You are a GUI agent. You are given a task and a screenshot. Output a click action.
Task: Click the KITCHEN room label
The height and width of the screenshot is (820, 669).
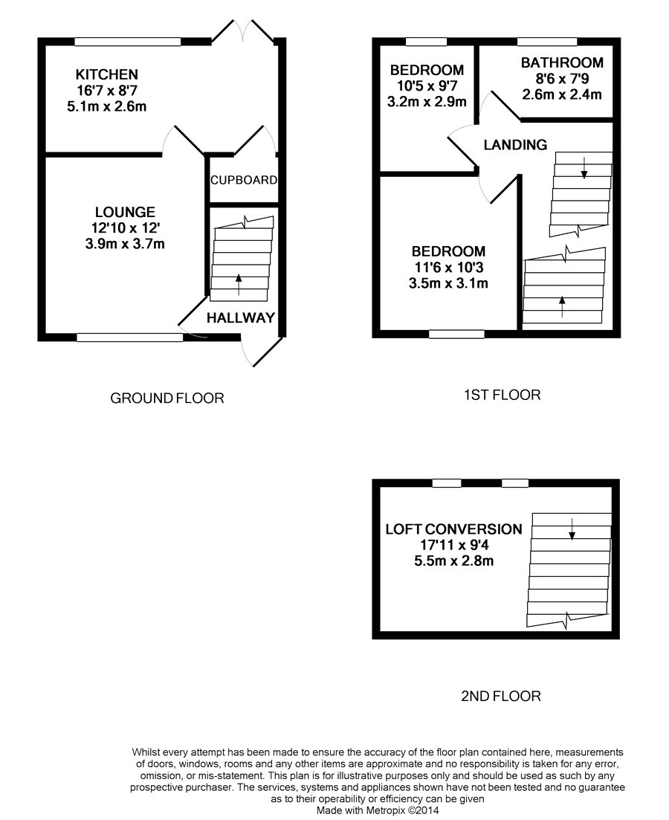[107, 74]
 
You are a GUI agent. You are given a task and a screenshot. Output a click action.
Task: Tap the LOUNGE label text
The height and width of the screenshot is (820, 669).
[125, 213]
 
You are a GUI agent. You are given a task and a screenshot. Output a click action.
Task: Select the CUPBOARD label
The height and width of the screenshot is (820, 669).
[244, 180]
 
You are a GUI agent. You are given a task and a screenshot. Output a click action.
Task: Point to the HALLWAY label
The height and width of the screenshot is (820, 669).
[240, 318]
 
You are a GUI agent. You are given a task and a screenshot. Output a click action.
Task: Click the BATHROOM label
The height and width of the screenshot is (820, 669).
[561, 63]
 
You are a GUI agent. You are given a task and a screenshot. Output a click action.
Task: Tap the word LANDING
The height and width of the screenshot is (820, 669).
[515, 145]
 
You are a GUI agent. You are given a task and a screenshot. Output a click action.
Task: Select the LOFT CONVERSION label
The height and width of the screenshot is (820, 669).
[453, 529]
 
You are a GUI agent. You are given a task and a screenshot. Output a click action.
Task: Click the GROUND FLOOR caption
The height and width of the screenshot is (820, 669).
[167, 398]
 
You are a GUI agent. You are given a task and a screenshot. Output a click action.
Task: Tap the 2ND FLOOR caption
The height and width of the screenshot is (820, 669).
[500, 697]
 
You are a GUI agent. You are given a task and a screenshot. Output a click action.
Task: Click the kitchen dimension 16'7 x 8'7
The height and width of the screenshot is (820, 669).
[107, 91]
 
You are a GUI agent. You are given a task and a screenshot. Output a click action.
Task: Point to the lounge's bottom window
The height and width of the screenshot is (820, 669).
[130, 338]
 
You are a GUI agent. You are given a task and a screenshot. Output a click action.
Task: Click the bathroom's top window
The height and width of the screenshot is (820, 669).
[547, 41]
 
